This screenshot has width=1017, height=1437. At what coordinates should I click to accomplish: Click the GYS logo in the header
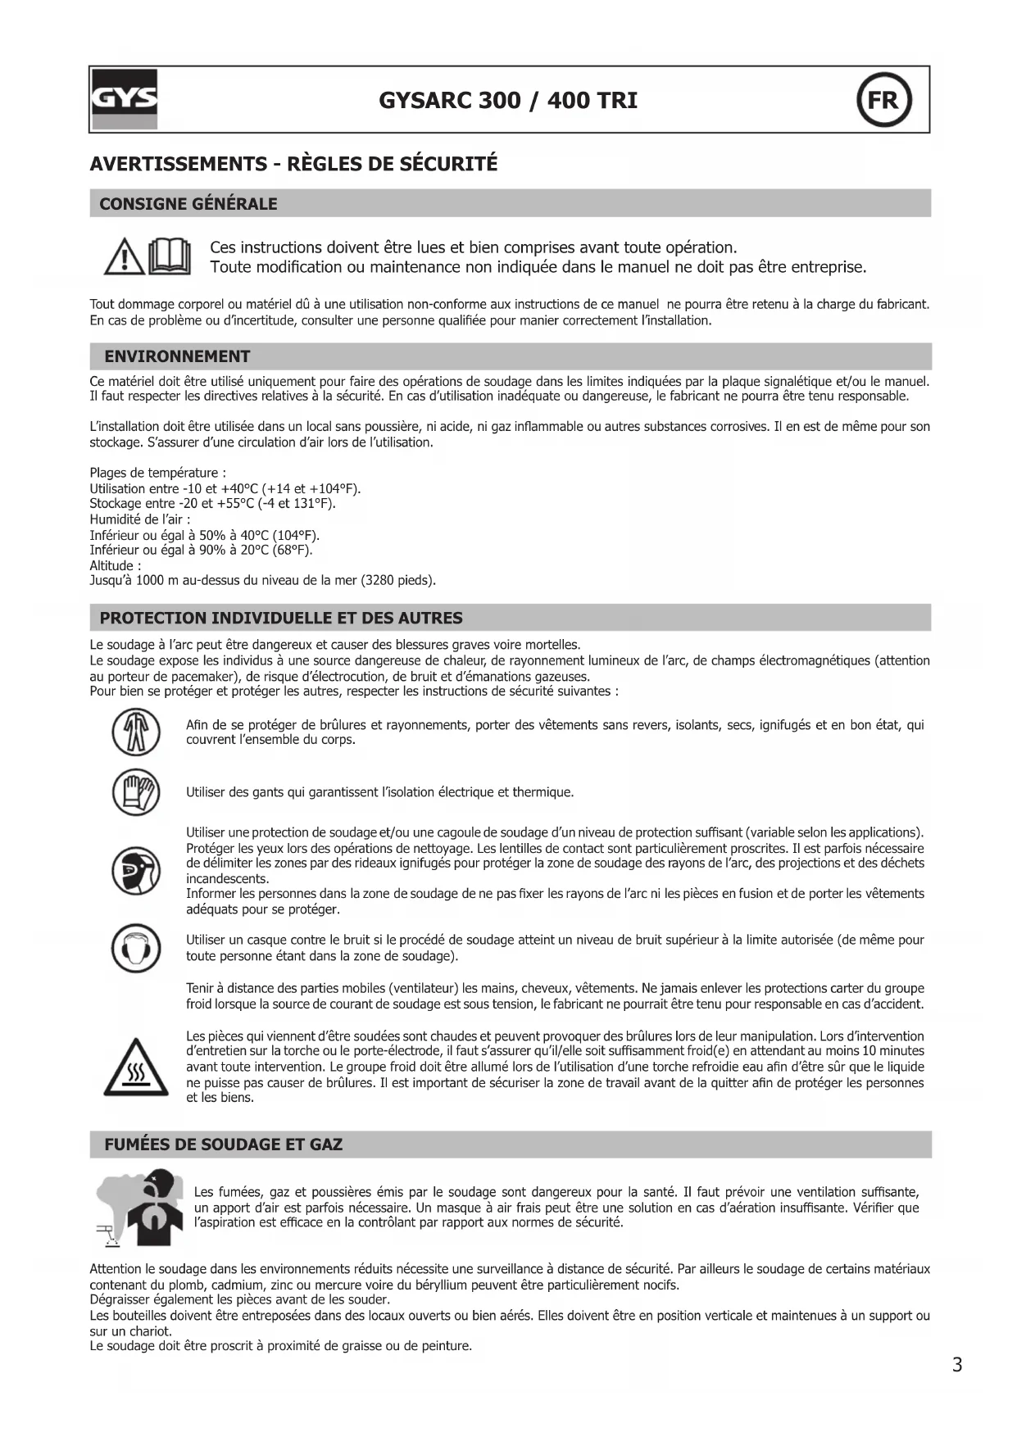coord(124,99)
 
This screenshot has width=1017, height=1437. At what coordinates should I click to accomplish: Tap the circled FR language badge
coord(883,100)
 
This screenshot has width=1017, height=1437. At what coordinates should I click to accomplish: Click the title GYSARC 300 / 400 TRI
coord(508,101)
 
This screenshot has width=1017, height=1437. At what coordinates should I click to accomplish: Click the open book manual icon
coord(170,256)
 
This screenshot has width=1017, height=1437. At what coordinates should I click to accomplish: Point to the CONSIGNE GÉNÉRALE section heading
coord(188,204)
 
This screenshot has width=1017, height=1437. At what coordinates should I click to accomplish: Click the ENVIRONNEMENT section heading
coord(177,356)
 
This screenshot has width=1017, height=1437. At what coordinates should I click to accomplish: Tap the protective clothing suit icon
coord(135,732)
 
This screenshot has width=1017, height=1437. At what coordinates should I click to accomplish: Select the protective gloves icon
coord(135,792)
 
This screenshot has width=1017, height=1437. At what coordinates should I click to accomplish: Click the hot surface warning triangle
coord(135,1068)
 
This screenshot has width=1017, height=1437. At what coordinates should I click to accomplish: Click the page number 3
coord(957,1365)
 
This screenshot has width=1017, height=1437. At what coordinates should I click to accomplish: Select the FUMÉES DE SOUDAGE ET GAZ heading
coord(223,1145)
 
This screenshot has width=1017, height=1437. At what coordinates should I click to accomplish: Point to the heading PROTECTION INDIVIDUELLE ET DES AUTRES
coord(281,618)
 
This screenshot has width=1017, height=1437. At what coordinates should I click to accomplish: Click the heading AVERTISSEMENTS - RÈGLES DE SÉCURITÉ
coord(293,164)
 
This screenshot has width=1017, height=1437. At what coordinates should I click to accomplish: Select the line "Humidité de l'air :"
coord(139,519)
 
